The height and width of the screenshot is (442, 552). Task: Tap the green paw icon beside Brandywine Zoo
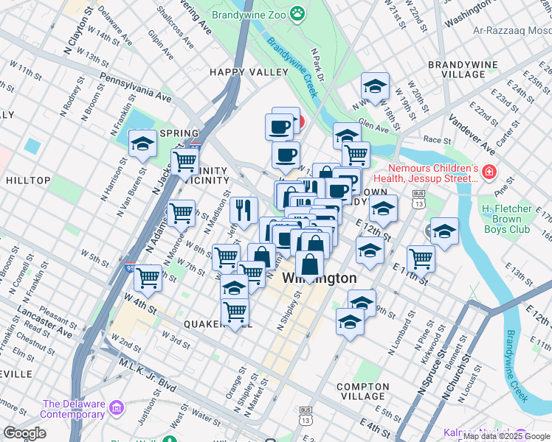[297, 13]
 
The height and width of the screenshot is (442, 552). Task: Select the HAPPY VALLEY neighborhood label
[249, 72]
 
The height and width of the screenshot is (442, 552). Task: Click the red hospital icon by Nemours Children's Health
[489, 172]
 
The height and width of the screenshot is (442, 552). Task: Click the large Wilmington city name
[319, 279]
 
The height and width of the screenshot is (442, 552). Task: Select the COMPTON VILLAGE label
[372, 392]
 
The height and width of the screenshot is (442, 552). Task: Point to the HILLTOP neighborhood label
[28, 180]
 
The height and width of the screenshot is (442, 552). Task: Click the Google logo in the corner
[25, 433]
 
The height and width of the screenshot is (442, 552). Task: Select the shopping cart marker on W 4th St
[148, 278]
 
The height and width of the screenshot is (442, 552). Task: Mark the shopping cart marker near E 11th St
[421, 258]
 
